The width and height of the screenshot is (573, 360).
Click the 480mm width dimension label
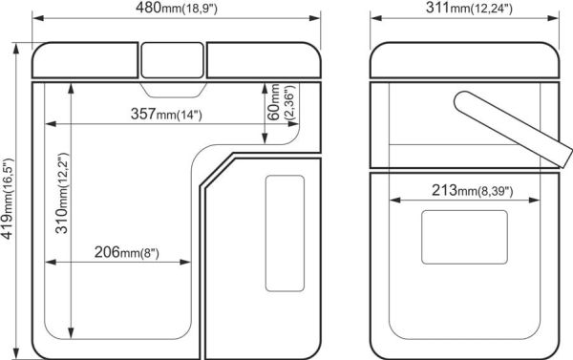tap(177, 8)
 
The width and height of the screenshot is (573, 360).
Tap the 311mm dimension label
tap(469, 8)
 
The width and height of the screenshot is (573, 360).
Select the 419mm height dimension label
tap(8, 199)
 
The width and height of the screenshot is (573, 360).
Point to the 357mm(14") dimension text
tap(166, 114)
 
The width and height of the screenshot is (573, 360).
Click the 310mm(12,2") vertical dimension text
tap(62, 193)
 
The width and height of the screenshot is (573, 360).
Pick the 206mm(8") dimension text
tap(127, 252)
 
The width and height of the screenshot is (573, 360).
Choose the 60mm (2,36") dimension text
tap(281, 102)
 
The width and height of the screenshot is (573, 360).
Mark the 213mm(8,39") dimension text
tap(473, 190)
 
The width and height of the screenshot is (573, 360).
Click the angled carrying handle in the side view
tap(513, 128)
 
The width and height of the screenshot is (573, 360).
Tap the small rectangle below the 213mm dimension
tap(464, 237)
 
